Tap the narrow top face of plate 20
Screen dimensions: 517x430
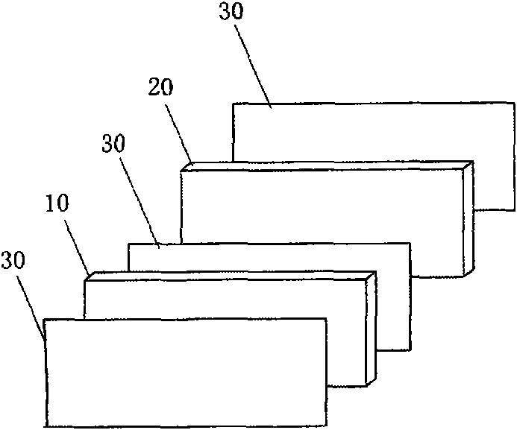tap(328, 165)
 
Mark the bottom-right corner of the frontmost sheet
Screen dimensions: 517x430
tap(326, 426)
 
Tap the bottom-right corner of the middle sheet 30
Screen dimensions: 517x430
tap(410, 349)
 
